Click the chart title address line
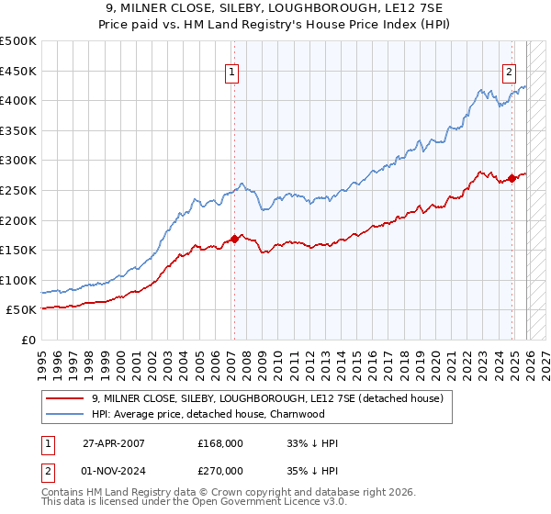(275, 8)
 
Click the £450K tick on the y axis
(18, 71)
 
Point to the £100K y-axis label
(18, 280)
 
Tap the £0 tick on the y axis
(29, 340)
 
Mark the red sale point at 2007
(234, 239)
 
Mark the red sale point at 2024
(512, 178)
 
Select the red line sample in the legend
(66, 398)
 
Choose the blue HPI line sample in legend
(66, 413)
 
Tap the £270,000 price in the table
(219, 469)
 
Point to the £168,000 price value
(219, 443)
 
